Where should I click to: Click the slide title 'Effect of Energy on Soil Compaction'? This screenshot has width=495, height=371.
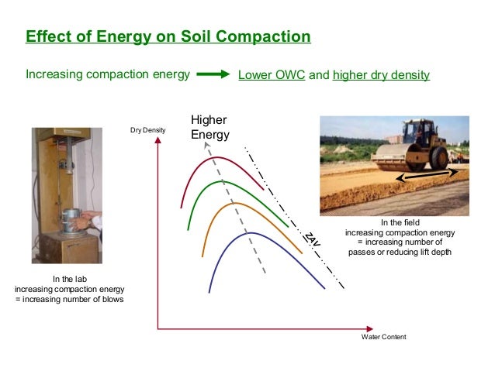click(x=168, y=37)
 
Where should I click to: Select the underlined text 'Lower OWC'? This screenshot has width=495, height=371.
click(x=272, y=75)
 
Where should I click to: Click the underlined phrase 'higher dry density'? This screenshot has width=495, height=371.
click(x=381, y=75)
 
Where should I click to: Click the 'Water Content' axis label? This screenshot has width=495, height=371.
click(x=384, y=337)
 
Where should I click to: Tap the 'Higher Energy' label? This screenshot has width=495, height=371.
click(x=210, y=128)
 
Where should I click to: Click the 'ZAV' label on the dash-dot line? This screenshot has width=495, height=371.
click(x=310, y=239)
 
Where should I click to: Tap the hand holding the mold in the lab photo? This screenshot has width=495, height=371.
click(x=93, y=224)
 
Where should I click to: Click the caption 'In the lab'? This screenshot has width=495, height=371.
click(x=69, y=279)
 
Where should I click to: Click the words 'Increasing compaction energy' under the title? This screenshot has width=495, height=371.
click(x=108, y=75)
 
